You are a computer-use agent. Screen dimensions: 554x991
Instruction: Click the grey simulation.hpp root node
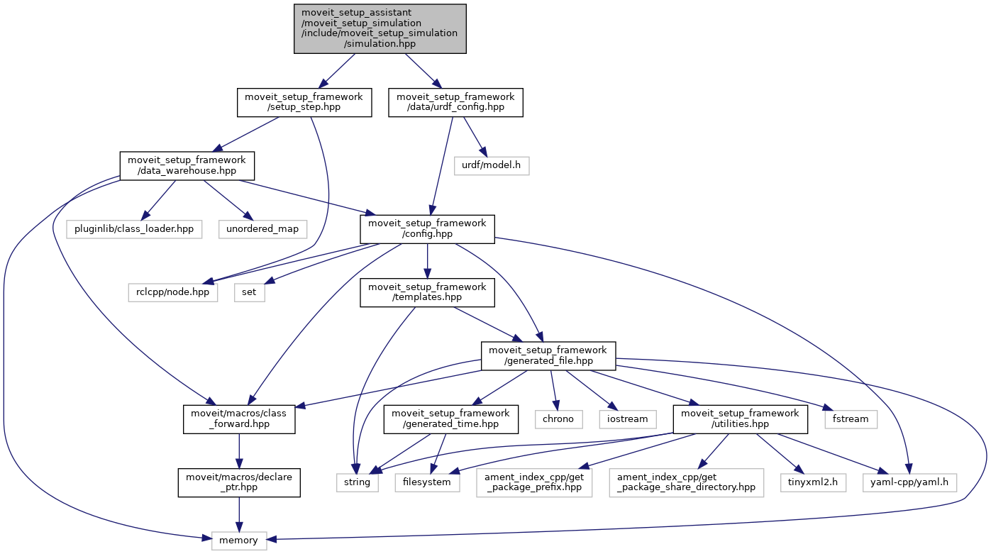(x=380, y=28)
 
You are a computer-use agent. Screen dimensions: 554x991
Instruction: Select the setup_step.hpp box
(x=304, y=103)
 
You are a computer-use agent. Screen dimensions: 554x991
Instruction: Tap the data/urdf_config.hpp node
(x=455, y=103)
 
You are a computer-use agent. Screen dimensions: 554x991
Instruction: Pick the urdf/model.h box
(x=492, y=166)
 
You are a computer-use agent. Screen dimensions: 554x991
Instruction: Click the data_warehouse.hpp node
(x=187, y=166)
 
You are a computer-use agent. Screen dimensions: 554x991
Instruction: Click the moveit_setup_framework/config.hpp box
(x=427, y=229)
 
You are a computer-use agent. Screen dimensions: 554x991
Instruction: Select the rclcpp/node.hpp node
(x=173, y=292)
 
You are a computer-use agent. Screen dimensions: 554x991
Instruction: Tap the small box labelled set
(x=250, y=292)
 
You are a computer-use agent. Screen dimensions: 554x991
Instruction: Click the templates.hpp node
(x=427, y=292)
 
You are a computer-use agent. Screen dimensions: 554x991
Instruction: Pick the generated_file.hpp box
(x=548, y=356)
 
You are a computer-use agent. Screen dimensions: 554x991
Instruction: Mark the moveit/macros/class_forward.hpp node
(x=239, y=419)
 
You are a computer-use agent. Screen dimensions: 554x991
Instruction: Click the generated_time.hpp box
(x=451, y=419)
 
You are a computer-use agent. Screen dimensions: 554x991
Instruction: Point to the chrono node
(x=559, y=419)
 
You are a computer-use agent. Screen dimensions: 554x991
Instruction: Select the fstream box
(x=851, y=419)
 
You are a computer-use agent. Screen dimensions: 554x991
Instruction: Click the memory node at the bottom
(x=239, y=541)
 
